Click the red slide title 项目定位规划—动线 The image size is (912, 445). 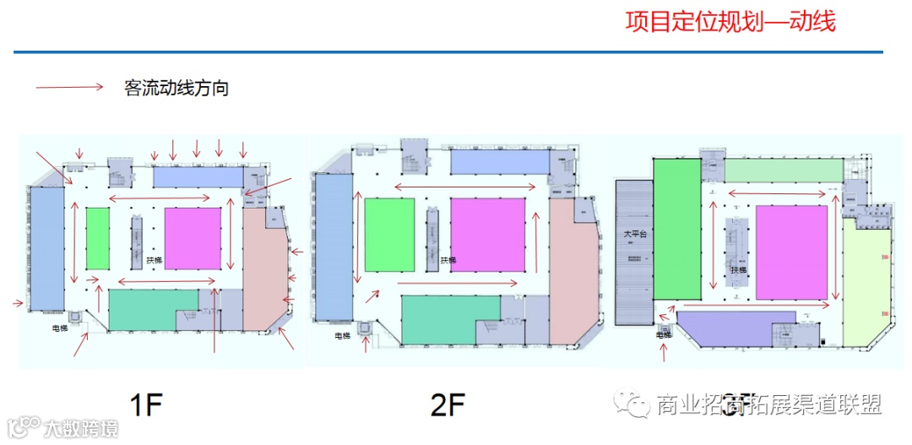click(x=730, y=22)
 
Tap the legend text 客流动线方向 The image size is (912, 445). click(x=176, y=88)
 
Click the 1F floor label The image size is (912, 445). click(x=146, y=406)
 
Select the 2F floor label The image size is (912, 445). click(x=448, y=406)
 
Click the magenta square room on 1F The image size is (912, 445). click(x=192, y=239)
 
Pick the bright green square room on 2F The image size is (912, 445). click(x=389, y=235)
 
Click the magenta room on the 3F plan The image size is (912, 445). click(x=790, y=252)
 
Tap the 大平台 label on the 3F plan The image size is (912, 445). click(x=635, y=234)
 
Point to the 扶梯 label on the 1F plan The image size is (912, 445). click(x=154, y=260)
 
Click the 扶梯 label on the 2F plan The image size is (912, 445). click(x=448, y=260)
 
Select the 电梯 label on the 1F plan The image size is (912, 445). click(x=60, y=328)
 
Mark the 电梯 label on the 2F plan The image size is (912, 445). click(x=342, y=336)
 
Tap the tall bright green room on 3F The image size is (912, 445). click(x=676, y=230)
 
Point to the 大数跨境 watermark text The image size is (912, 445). click(x=81, y=428)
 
